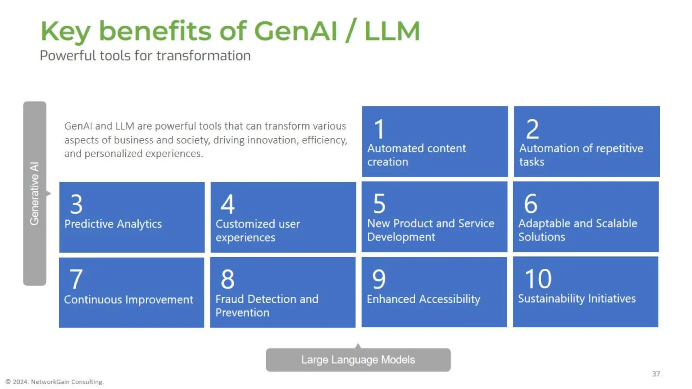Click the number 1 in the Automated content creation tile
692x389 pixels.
pos(379,129)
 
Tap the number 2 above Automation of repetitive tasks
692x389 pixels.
pos(532,129)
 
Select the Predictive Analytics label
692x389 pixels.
pos(113,224)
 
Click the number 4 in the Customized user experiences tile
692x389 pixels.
pos(227,204)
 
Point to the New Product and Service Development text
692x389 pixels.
pos(430,230)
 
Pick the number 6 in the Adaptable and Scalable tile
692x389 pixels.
pos(530,204)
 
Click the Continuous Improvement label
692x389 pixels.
pos(128,300)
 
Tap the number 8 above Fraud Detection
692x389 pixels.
pos(227,279)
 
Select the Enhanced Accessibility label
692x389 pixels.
pos(423,299)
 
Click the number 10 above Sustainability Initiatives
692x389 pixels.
pos(538,279)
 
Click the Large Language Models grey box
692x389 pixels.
pos(358,360)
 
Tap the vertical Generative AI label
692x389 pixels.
pos(34,193)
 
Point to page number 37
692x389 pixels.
pos(656,374)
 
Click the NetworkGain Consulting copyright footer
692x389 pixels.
pos(55,382)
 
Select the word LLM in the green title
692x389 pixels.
pos(392,31)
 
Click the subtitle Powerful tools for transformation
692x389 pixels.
pos(145,56)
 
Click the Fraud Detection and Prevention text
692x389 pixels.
pos(267,306)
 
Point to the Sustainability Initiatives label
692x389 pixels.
pos(577,299)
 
